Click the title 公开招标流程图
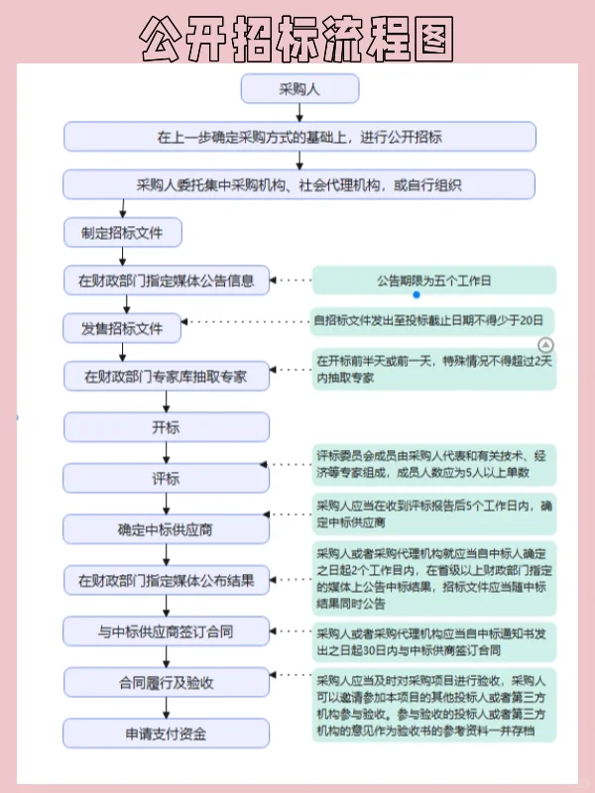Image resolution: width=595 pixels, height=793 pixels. coord(297,40)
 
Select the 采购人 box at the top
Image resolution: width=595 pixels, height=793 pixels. coord(298,88)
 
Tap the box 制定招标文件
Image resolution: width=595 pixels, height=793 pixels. coord(123,233)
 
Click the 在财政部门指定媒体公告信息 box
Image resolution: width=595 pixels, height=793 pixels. coord(167,281)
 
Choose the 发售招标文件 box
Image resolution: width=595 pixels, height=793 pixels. coord(123,327)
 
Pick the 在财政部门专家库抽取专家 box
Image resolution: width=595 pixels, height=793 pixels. coord(167,377)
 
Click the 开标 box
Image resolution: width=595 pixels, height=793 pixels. coord(167,427)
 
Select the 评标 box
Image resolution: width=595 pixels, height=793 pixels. coord(167,479)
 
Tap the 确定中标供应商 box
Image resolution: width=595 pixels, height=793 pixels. coord(167,529)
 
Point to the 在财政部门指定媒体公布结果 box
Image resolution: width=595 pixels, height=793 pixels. coord(167,580)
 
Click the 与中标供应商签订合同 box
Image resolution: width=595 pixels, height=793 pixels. coord(167,630)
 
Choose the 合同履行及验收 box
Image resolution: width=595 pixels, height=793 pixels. coord(167,682)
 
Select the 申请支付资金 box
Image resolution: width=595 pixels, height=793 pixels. coord(167,734)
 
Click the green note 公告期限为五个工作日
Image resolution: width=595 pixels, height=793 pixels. coord(434,281)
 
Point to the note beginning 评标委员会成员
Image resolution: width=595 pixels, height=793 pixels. coord(434,466)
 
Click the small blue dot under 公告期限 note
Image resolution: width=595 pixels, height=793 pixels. coord(416,295)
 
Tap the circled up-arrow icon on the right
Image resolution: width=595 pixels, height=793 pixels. coord(544,344)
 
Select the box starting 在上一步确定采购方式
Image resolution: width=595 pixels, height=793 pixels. coord(299,136)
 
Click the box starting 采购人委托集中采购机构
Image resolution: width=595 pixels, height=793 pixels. coord(299,184)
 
